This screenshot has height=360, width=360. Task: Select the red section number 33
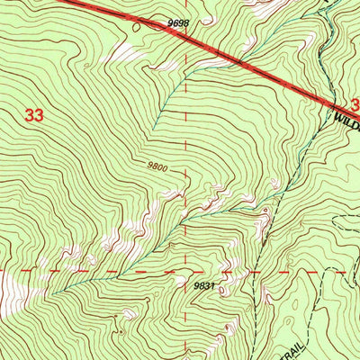pyautogui.click(x=34, y=115)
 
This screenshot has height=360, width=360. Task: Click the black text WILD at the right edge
pyautogui.click(x=346, y=116)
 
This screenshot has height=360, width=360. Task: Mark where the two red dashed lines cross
pyautogui.click(x=186, y=268)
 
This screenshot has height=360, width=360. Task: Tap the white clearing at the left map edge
pyautogui.click(x=7, y=288)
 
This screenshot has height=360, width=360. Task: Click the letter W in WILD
pyautogui.click(x=336, y=116)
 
